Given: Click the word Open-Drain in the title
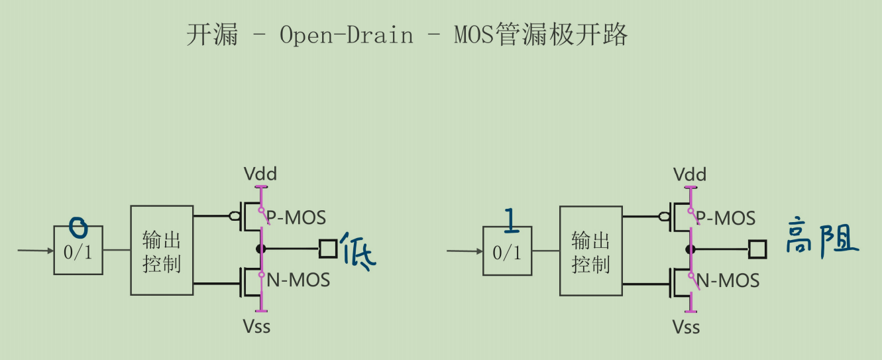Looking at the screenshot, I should pos(346,35).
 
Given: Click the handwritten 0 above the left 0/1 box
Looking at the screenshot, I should pos(78,228).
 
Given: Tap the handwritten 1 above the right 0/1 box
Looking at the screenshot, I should pos(510,221).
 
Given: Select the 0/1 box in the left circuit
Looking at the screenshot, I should pos(78,251).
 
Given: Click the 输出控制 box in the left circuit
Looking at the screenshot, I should pos(162,251).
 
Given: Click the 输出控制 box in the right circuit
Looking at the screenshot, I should pos(590,251).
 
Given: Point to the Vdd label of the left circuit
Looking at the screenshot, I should pos(260,174).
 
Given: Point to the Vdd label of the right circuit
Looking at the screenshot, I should pos(690,174).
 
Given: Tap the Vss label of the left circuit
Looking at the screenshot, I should pos(257,326).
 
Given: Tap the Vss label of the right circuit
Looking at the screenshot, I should pos(687,326).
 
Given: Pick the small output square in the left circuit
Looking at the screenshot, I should pos(328,249).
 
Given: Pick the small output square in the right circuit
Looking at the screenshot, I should pos(757,249).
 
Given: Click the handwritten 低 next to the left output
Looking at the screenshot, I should pos(358,251).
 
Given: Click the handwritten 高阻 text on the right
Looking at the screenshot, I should pos(822,237).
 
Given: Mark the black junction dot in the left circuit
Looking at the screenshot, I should pos(261,249).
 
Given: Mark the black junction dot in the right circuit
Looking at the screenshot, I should pos(690,249).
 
